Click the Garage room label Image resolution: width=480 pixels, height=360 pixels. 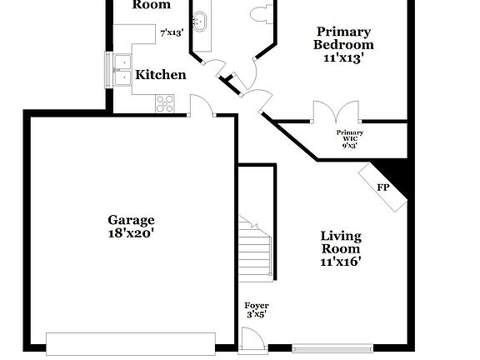click(131, 220)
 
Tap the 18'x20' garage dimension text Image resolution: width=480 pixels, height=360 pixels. click(131, 234)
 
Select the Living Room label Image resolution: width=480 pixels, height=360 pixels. click(341, 242)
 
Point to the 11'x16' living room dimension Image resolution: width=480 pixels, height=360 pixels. click(341, 262)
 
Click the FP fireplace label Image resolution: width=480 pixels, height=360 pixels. click(382, 187)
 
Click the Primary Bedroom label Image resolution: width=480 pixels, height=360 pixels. click(342, 38)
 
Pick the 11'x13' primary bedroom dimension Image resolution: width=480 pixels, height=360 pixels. click(342, 58)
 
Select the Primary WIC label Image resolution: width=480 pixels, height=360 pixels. click(350, 135)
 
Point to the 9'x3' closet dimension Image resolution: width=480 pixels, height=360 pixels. click(350, 146)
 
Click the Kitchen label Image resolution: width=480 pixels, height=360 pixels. click(161, 75)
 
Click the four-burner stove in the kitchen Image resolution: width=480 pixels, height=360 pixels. click(165, 103)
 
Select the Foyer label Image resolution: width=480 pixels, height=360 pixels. click(256, 305)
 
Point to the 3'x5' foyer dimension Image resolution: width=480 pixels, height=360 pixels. click(256, 315)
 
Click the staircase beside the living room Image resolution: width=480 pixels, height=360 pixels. click(256, 247)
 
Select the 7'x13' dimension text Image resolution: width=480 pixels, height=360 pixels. click(172, 34)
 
